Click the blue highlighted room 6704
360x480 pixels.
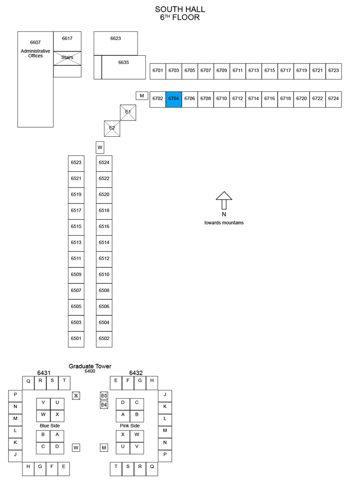coord(174,99)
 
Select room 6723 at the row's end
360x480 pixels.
coord(333,72)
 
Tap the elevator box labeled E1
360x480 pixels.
coord(128,112)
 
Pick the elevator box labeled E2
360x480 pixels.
coord(112,129)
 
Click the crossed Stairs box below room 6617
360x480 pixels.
coord(67,58)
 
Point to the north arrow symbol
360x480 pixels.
coord(224,200)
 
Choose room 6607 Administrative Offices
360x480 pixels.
coord(36,79)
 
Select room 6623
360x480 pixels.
coord(116,43)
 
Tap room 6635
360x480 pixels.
coord(124,67)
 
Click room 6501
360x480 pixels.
coord(76,339)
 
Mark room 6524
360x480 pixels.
coord(104,163)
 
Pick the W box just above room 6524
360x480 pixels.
coord(100,147)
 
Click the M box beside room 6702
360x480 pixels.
coord(142,96)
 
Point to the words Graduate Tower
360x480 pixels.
coord(90,366)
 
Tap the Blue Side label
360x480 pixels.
coord(50,426)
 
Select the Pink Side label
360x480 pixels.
coord(130,426)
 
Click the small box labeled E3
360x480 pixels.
coord(104,395)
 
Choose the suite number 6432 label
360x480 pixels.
coord(136,372)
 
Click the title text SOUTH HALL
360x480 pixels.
coord(180,9)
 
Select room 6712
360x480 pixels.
coord(238,99)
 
